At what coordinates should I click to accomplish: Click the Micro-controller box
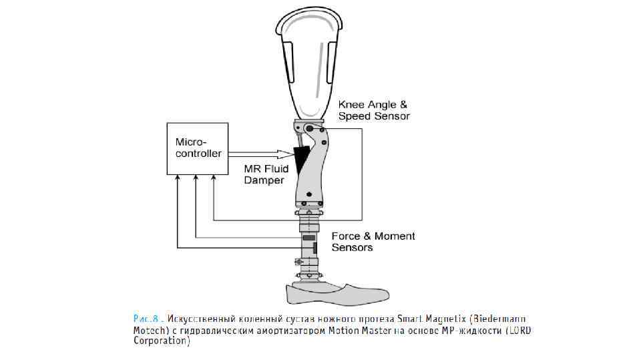[x=197, y=148]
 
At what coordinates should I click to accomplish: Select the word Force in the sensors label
[x=347, y=236]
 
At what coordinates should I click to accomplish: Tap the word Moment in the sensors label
[x=395, y=236]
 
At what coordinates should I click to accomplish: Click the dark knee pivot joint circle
[x=308, y=129]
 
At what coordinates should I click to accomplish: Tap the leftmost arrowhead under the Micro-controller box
[x=178, y=179]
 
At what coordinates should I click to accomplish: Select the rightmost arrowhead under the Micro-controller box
[x=213, y=179]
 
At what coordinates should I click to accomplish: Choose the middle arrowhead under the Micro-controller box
[x=196, y=179]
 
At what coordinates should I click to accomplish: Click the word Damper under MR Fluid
[x=264, y=180]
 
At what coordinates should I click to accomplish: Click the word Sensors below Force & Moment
[x=352, y=248]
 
